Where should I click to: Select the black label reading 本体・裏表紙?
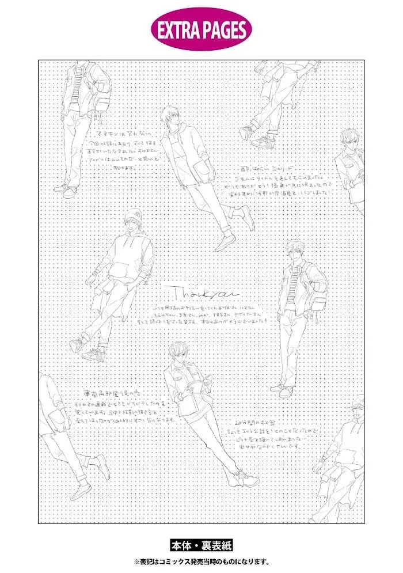pos(201,545)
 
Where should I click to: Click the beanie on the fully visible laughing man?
pos(133,214)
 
